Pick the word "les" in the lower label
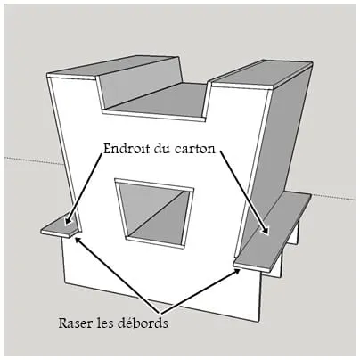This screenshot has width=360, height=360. (105, 323)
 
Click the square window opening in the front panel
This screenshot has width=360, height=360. (154, 213)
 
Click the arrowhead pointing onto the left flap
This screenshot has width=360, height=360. (68, 221)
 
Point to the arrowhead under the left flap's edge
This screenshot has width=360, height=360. (77, 240)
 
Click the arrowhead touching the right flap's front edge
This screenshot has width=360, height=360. (237, 271)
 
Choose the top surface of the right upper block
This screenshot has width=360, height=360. (262, 73)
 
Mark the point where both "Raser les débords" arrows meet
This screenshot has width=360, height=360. (160, 314)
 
